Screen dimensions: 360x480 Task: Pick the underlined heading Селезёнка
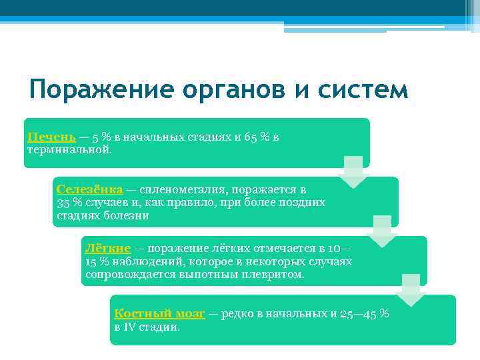pos(85,189)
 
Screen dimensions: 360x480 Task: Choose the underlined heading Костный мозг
pos(159,313)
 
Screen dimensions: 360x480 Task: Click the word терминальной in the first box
pos(69,149)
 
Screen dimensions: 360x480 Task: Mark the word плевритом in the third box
pos(274,274)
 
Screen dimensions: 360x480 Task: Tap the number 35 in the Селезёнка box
pos(64,203)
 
